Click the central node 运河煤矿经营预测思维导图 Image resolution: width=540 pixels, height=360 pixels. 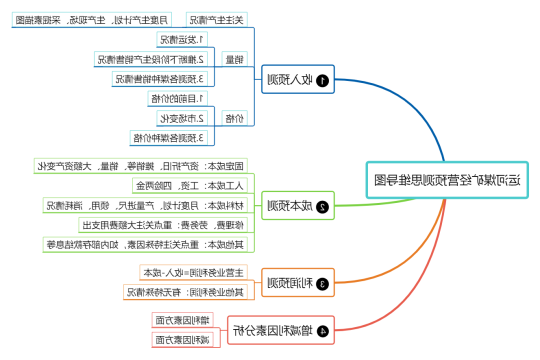(x=447, y=180)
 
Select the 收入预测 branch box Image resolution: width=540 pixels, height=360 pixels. (x=298, y=79)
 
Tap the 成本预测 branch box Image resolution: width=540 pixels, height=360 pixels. (x=298, y=205)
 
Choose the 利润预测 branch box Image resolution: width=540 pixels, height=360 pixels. (x=298, y=283)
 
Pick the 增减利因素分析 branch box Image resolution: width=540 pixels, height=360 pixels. (x=281, y=330)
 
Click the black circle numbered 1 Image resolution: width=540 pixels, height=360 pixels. (x=323, y=79)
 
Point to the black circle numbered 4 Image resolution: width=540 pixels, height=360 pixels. (x=323, y=330)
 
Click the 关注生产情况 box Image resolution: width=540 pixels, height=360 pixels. (x=216, y=20)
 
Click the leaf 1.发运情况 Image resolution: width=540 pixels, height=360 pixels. (x=182, y=39)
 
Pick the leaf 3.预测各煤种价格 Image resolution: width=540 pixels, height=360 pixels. (x=168, y=138)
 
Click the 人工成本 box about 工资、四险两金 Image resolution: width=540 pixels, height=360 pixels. (x=189, y=185)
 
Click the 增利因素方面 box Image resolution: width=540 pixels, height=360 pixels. (x=183, y=319)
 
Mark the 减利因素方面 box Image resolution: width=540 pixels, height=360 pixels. (x=183, y=340)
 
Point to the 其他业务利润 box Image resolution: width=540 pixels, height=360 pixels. (x=185, y=292)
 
